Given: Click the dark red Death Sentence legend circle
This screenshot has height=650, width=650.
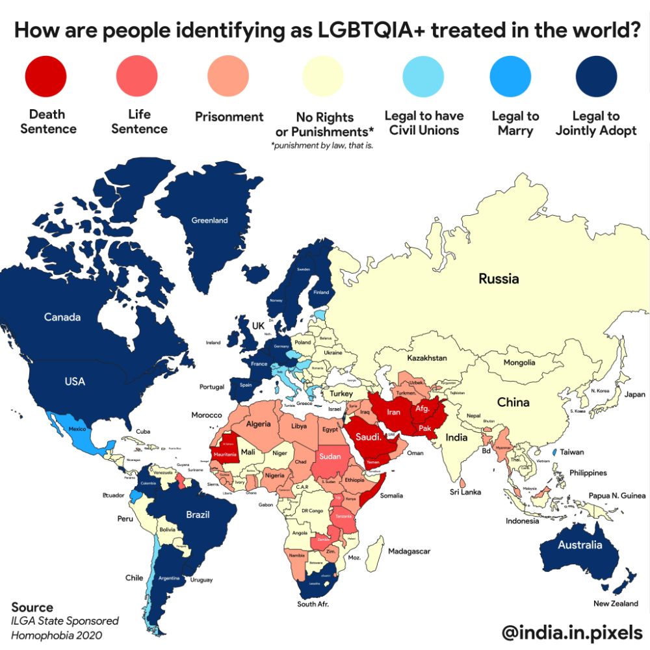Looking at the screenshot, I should [x=45, y=76].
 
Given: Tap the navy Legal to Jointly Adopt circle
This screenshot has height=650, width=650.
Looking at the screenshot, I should [x=596, y=76].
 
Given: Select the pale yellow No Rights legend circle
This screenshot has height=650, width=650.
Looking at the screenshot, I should [x=324, y=76].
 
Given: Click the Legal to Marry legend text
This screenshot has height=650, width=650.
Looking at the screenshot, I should [x=515, y=123].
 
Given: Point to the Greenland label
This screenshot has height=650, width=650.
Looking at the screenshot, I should [x=209, y=220].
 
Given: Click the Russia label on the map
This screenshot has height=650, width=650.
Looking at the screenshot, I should [x=499, y=279].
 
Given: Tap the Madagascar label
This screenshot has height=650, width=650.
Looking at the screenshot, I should [x=409, y=551].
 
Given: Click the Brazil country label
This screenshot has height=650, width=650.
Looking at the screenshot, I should [x=198, y=515].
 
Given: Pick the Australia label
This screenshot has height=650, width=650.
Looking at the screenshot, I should [x=580, y=545].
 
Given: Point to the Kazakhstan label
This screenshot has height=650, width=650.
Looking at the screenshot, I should [x=427, y=358].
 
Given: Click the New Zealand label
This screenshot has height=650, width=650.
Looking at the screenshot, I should [x=616, y=603].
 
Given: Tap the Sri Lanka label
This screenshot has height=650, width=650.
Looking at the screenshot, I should [x=465, y=492].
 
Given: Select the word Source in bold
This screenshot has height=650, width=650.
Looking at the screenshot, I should [x=32, y=608].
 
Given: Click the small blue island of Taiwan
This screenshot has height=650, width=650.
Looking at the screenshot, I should [x=553, y=451].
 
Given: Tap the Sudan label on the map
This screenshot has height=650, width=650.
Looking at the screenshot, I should [x=330, y=456].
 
